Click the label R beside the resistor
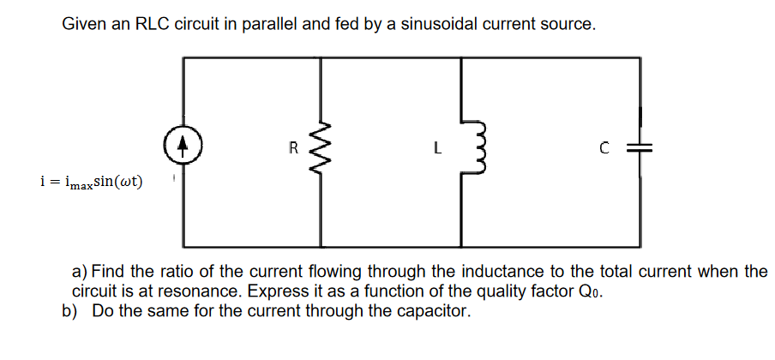292,147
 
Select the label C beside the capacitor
605,147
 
